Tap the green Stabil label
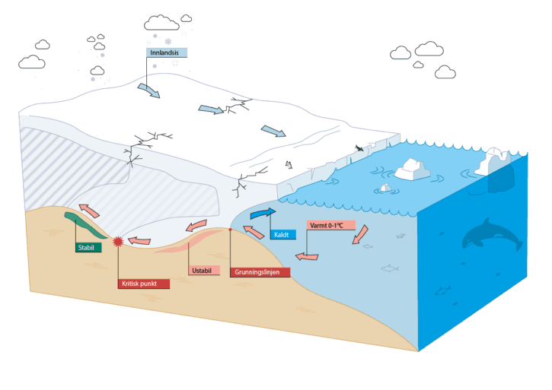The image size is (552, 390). point(88,247)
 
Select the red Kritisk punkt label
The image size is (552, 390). point(144,284)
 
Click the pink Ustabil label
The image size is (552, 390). point(203,271)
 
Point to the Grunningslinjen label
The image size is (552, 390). point(260,272)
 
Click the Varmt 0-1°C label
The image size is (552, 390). point(327,225)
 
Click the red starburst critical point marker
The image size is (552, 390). point(118,242)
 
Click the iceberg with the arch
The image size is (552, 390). point(493,160)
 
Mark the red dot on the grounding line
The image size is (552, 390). point(230,229)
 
